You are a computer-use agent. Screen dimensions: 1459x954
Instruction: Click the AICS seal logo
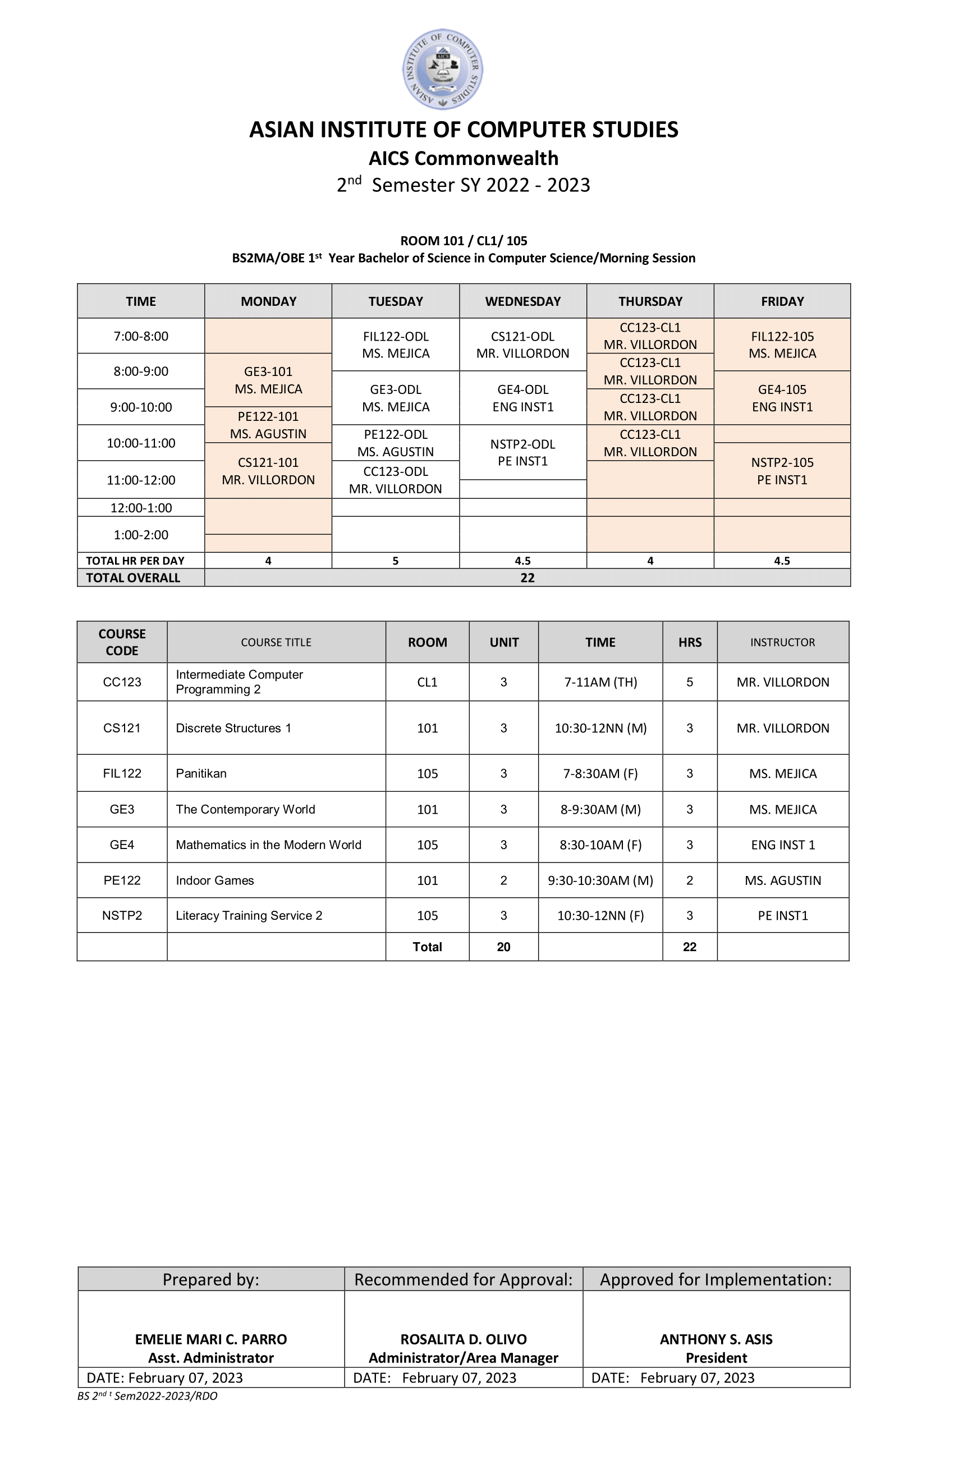tap(442, 68)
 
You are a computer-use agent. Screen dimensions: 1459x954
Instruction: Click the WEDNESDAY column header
tap(522, 301)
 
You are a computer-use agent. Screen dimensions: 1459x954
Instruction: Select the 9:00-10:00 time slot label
tap(140, 407)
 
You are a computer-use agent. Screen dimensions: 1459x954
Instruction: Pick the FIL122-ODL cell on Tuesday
tap(396, 345)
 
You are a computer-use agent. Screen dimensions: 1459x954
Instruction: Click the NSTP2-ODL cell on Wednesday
tap(522, 452)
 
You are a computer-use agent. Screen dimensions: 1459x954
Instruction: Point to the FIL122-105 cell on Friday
tap(782, 345)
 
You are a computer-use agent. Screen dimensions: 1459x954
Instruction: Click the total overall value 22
tap(528, 577)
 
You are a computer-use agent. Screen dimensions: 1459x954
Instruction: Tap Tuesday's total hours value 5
tap(396, 560)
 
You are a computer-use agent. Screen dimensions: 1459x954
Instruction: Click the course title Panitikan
tap(201, 773)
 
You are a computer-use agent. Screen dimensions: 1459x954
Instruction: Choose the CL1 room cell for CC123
tap(428, 682)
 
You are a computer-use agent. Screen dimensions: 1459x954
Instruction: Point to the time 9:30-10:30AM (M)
tap(600, 880)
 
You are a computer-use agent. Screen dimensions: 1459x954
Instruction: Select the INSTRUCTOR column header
tap(782, 642)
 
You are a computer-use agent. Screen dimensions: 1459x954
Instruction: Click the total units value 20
tap(503, 947)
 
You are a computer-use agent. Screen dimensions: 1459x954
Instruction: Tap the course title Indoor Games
tap(214, 880)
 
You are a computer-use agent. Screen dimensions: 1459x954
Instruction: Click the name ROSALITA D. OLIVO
tap(464, 1339)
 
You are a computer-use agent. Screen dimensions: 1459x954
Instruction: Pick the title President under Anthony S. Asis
tap(716, 1357)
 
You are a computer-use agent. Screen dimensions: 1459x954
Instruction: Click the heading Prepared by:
tap(210, 1279)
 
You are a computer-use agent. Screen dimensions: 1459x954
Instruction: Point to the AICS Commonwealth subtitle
tap(464, 158)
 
